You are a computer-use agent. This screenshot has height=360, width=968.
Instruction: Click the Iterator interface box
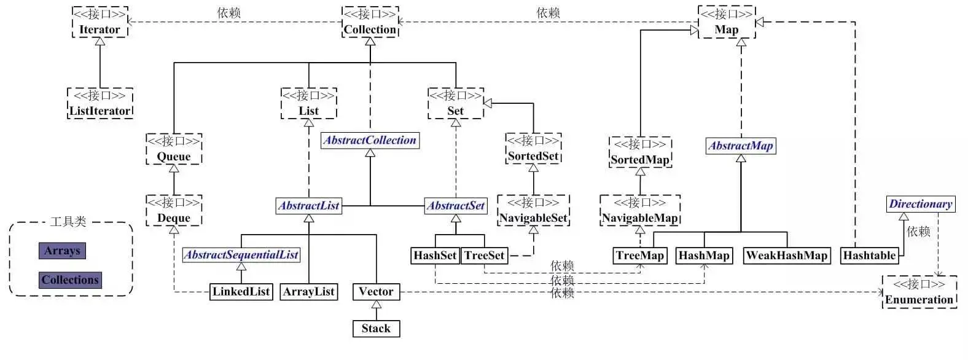click(x=100, y=22)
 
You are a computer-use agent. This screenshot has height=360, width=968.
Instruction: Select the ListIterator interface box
click(x=100, y=103)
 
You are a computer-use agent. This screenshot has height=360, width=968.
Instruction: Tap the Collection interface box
click(x=370, y=22)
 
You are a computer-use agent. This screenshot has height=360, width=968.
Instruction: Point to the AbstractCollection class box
click(x=370, y=141)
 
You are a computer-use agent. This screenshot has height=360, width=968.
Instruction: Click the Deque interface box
click(x=174, y=211)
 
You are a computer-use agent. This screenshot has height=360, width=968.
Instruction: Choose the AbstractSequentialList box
click(x=241, y=255)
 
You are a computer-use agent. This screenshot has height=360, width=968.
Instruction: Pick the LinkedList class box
click(x=241, y=292)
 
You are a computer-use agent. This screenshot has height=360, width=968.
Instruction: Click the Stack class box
click(x=376, y=329)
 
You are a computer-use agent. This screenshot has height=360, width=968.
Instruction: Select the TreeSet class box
click(x=484, y=256)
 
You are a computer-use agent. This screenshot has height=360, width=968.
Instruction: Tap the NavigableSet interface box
click(x=533, y=211)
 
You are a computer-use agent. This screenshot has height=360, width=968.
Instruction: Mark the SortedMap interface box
click(x=640, y=152)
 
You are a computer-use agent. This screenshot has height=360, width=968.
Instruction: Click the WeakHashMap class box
click(x=786, y=256)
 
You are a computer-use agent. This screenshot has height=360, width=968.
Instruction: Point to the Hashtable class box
click(x=870, y=256)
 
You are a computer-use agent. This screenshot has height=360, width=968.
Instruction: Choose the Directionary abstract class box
click(x=921, y=204)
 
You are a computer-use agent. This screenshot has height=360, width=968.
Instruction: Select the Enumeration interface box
click(x=919, y=292)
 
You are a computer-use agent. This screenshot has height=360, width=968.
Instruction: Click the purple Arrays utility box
click(x=62, y=251)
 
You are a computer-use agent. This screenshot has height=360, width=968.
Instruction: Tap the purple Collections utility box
click(x=70, y=280)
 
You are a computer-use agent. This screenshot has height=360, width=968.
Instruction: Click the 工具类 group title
click(x=68, y=222)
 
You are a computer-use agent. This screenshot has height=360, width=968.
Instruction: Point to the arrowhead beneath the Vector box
click(x=377, y=304)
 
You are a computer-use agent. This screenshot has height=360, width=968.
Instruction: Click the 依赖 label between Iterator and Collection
click(x=228, y=12)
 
